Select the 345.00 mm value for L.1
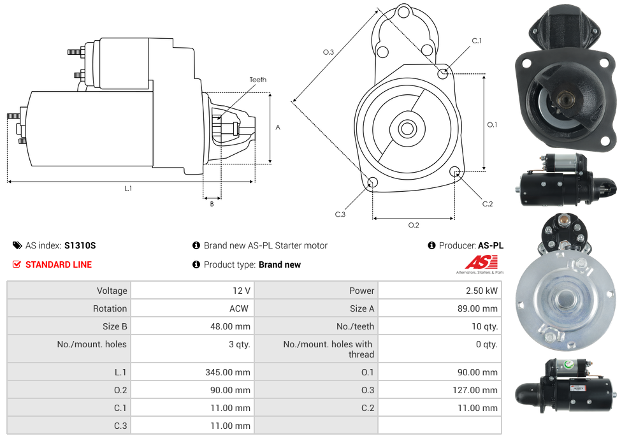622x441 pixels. click(x=228, y=372)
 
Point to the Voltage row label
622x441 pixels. click(x=112, y=291)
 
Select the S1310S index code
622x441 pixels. click(x=80, y=245)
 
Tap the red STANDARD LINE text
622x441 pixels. click(x=59, y=264)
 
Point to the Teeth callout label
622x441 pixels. click(x=258, y=80)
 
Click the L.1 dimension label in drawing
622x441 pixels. click(x=128, y=188)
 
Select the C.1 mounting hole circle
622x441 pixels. click(x=443, y=73)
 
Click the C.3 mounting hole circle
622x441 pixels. click(x=373, y=184)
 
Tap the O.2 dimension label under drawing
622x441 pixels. click(x=414, y=224)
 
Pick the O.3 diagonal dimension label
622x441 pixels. click(x=329, y=52)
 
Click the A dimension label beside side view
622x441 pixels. click(x=278, y=127)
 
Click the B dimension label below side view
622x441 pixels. click(x=212, y=204)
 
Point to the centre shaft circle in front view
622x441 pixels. click(x=407, y=129)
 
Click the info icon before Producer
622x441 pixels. click(x=431, y=245)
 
